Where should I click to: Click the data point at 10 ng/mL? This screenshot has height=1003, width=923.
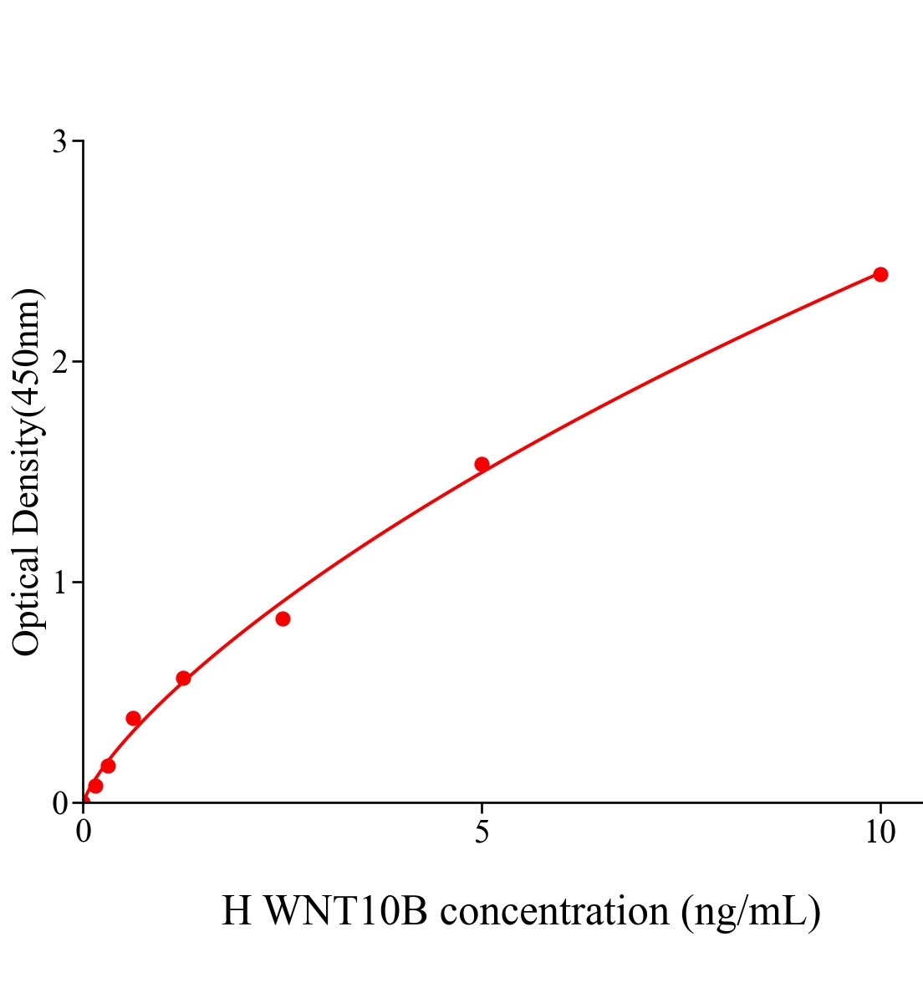880,274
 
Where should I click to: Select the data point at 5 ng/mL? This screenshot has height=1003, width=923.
482,464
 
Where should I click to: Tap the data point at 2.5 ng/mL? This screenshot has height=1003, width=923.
283,619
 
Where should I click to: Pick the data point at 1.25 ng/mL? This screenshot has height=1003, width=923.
183,678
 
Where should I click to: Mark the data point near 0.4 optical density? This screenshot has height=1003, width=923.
133,718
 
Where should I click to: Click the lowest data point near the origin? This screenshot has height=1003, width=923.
95,786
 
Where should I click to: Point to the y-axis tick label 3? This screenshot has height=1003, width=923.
59,142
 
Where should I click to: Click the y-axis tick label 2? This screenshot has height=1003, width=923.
59,362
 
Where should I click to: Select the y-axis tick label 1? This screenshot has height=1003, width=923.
59,583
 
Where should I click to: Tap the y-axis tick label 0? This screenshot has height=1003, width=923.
59,803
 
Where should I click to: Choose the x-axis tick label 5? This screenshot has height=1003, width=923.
482,832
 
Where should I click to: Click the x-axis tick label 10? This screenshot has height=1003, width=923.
880,832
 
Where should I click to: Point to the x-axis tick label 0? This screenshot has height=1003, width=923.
84,832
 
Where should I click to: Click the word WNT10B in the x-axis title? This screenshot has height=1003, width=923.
344,911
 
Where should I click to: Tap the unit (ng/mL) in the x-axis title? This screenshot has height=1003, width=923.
751,911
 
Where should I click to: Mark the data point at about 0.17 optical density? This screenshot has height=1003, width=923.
108,766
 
